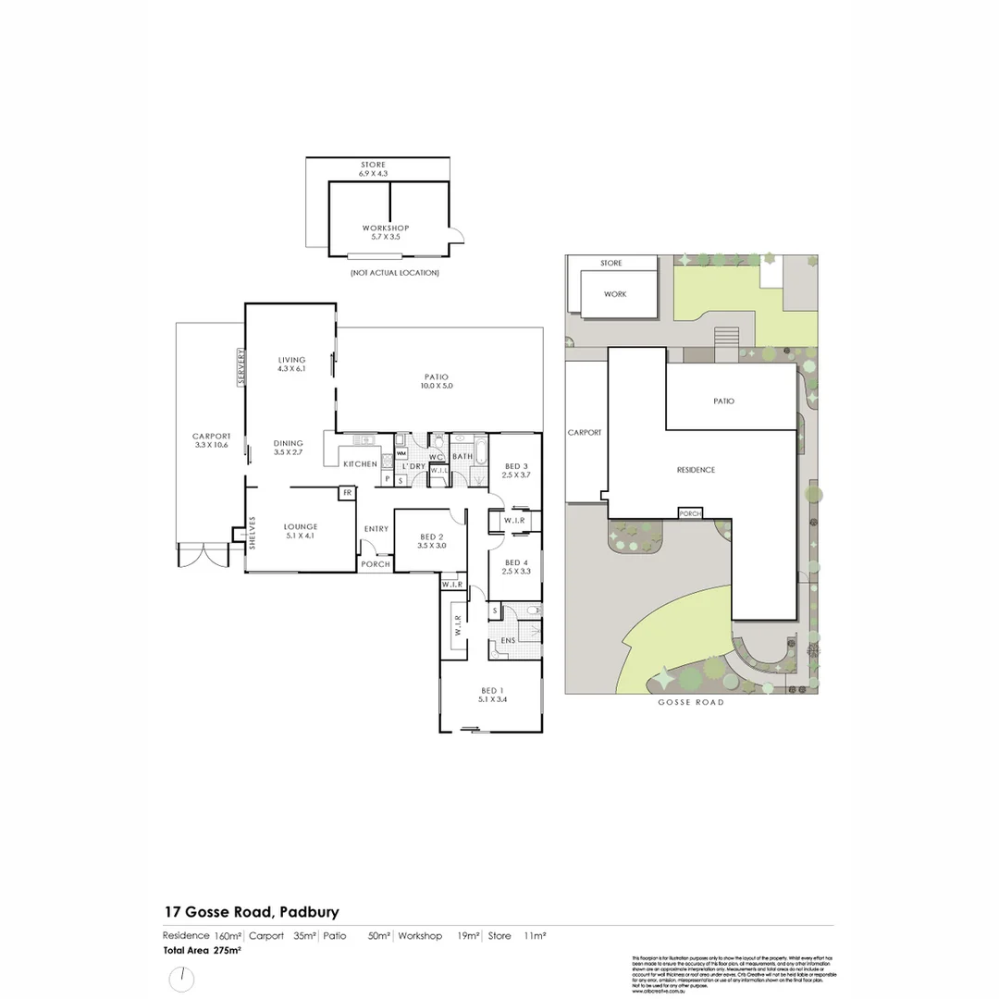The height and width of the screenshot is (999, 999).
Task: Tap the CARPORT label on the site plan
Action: [x=585, y=432]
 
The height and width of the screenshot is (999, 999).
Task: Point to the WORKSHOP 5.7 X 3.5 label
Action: [x=386, y=232]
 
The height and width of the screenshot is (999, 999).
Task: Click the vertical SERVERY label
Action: [x=241, y=366]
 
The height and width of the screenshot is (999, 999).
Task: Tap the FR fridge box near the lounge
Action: [x=347, y=494]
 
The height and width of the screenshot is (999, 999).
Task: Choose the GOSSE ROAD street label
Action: [x=691, y=703]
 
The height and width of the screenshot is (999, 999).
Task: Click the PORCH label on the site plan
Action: [x=690, y=513]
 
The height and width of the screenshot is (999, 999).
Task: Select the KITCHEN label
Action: [x=361, y=463]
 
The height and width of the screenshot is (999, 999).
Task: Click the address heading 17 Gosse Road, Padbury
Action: [x=253, y=912]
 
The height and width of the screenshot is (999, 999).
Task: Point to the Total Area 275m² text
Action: [x=203, y=950]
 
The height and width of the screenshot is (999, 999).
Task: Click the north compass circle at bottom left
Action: [x=182, y=979]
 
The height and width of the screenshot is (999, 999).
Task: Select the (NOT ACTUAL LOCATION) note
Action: [x=394, y=273]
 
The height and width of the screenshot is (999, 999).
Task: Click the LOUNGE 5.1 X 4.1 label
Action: [x=301, y=531]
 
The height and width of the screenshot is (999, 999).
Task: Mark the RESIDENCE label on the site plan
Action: [x=696, y=470]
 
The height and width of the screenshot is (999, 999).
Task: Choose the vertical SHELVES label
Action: [x=252, y=534]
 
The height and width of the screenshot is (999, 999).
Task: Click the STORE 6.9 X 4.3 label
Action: [x=374, y=168]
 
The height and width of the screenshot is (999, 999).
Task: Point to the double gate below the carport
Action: [x=203, y=554]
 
